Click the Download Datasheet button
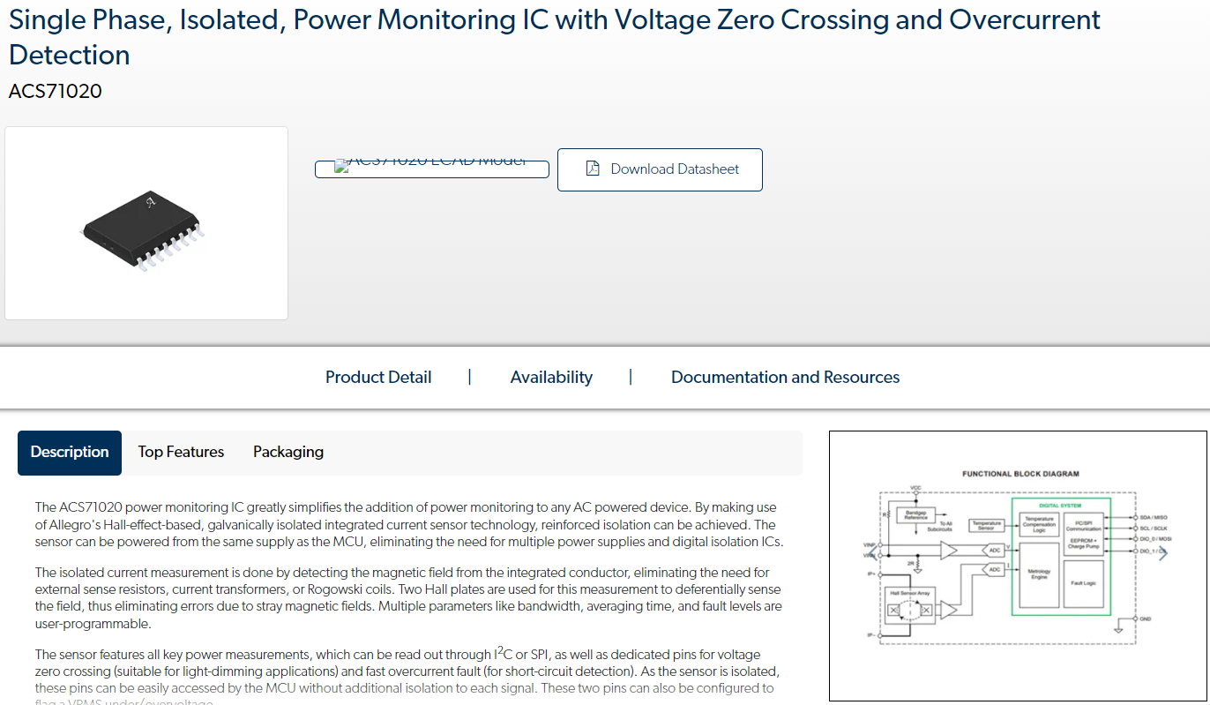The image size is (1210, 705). click(x=660, y=169)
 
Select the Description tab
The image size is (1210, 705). click(x=70, y=452)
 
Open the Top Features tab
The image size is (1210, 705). click(x=181, y=452)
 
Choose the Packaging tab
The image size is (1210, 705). click(x=288, y=452)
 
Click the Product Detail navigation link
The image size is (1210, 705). click(x=378, y=378)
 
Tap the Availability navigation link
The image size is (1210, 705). click(x=551, y=378)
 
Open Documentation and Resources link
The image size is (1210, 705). click(x=785, y=378)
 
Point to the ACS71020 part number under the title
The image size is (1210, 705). click(x=55, y=91)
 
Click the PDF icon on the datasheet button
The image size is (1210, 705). click(x=593, y=169)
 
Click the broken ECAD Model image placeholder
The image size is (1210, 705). click(x=431, y=168)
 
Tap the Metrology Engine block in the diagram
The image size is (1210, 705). click(x=1039, y=574)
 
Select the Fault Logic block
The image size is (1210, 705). click(x=1084, y=583)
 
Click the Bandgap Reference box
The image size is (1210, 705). click(x=915, y=514)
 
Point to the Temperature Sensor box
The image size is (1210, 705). click(x=987, y=525)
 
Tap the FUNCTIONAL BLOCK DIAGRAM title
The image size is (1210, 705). click(x=1020, y=474)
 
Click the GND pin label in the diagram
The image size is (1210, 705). click(x=1146, y=619)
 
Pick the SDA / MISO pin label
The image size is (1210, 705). click(x=1154, y=517)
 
